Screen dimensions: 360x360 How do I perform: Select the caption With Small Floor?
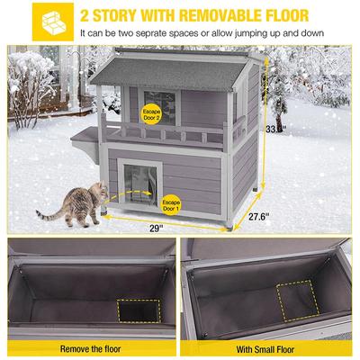[x=269, y=346]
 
